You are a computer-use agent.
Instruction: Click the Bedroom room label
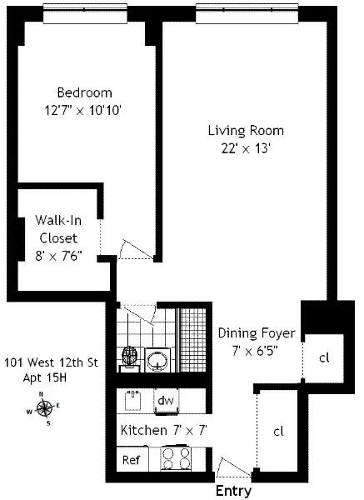click(84, 92)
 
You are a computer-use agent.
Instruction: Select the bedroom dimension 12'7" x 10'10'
click(84, 109)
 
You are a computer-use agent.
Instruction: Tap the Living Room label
click(246, 131)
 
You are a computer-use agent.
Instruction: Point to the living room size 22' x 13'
click(246, 148)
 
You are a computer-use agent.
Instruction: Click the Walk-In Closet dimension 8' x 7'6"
click(58, 253)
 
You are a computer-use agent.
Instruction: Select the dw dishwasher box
click(166, 401)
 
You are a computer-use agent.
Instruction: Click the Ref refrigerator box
click(131, 460)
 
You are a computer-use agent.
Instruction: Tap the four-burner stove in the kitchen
click(177, 459)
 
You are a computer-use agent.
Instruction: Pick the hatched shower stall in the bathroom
click(192, 342)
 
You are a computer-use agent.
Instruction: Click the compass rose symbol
click(46, 408)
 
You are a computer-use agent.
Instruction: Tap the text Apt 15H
click(46, 377)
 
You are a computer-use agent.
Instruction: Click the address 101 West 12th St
click(51, 362)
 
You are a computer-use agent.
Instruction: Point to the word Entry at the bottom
click(234, 492)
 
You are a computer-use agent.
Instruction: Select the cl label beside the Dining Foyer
click(324, 357)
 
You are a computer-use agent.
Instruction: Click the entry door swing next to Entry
click(227, 465)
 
